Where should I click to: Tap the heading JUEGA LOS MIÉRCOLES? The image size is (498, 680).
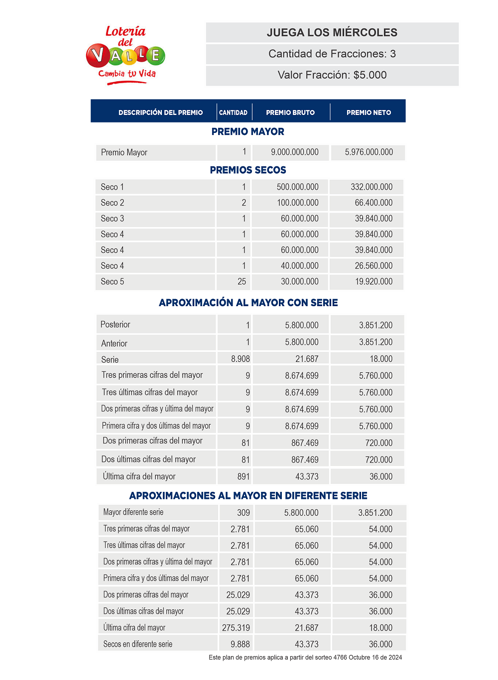click(332, 33)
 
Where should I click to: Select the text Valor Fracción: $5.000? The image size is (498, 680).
click(332, 75)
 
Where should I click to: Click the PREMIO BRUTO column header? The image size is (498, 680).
click(290, 113)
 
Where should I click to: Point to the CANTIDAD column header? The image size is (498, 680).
click(233, 113)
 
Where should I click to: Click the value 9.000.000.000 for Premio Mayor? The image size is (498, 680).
click(294, 152)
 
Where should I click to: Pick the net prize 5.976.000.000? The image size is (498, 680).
click(369, 152)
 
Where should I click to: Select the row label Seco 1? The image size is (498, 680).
click(112, 187)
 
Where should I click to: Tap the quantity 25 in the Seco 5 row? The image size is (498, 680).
click(242, 282)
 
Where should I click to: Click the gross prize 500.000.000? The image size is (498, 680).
click(297, 187)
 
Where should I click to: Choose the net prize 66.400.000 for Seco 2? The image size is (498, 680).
click(373, 203)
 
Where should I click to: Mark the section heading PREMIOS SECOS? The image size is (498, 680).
click(248, 170)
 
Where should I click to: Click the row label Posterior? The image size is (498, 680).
click(115, 325)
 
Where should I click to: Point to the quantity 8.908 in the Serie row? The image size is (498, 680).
click(240, 359)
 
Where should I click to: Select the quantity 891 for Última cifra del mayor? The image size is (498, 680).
click(243, 477)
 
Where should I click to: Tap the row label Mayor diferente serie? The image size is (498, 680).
click(133, 512)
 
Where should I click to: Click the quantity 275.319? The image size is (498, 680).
click(236, 628)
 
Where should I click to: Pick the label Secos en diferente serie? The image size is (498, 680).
click(137, 644)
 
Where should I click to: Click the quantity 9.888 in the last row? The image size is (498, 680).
click(240, 644)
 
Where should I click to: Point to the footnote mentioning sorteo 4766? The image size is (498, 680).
click(305, 658)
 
